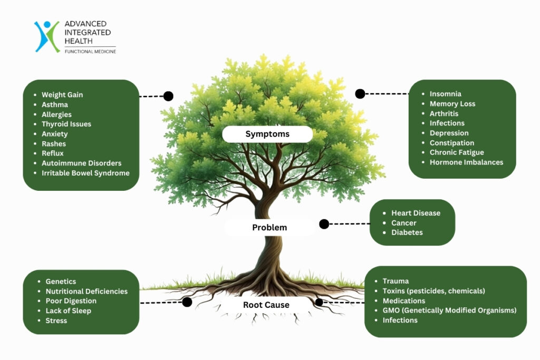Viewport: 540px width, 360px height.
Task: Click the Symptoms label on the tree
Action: [x=267, y=134]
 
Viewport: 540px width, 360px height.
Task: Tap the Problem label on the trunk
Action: [x=269, y=228]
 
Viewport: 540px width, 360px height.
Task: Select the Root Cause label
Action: [x=266, y=305]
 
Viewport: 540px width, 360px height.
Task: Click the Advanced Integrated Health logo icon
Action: [x=47, y=36]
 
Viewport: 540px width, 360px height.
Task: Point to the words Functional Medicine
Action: [x=90, y=52]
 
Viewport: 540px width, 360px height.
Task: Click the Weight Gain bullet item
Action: [x=62, y=95]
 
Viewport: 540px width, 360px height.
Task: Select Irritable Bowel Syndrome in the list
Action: [x=85, y=173]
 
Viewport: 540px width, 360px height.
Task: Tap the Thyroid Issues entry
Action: [x=66, y=124]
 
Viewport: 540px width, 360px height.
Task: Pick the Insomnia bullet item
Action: [x=446, y=94]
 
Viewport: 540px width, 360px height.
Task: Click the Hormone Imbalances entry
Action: [x=466, y=162]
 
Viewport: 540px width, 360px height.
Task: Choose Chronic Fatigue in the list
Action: [x=457, y=152]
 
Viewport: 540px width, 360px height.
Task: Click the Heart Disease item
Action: [x=416, y=213]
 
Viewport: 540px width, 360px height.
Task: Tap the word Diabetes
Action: [x=407, y=232]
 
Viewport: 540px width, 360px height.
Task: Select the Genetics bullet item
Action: [x=61, y=281]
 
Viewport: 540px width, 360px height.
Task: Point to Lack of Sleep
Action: [x=68, y=311]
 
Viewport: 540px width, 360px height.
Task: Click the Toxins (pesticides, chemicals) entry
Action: [x=433, y=291]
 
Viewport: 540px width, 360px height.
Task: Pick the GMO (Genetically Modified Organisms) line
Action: [x=449, y=310]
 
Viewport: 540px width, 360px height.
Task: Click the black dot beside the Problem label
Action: [x=324, y=224]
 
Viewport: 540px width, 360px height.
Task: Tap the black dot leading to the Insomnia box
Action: [x=360, y=94]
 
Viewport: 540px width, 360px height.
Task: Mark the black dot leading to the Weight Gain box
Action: [x=168, y=96]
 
